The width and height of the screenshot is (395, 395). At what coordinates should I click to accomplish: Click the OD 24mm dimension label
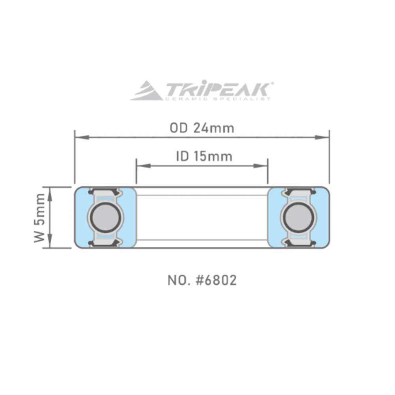[202, 128]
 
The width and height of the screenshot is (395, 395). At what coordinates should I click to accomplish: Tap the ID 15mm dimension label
[204, 156]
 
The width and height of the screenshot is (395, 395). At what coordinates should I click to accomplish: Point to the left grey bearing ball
[105, 218]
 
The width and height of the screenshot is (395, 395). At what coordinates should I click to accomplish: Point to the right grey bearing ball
[299, 218]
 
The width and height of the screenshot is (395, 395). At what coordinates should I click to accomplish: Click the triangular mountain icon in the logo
[147, 91]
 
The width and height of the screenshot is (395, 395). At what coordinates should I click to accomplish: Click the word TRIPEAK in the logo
[217, 89]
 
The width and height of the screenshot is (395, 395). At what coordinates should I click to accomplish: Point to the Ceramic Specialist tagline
[217, 98]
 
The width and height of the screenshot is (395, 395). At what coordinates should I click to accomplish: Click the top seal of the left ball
[105, 192]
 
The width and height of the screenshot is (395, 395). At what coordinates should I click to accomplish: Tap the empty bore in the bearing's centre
[202, 218]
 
